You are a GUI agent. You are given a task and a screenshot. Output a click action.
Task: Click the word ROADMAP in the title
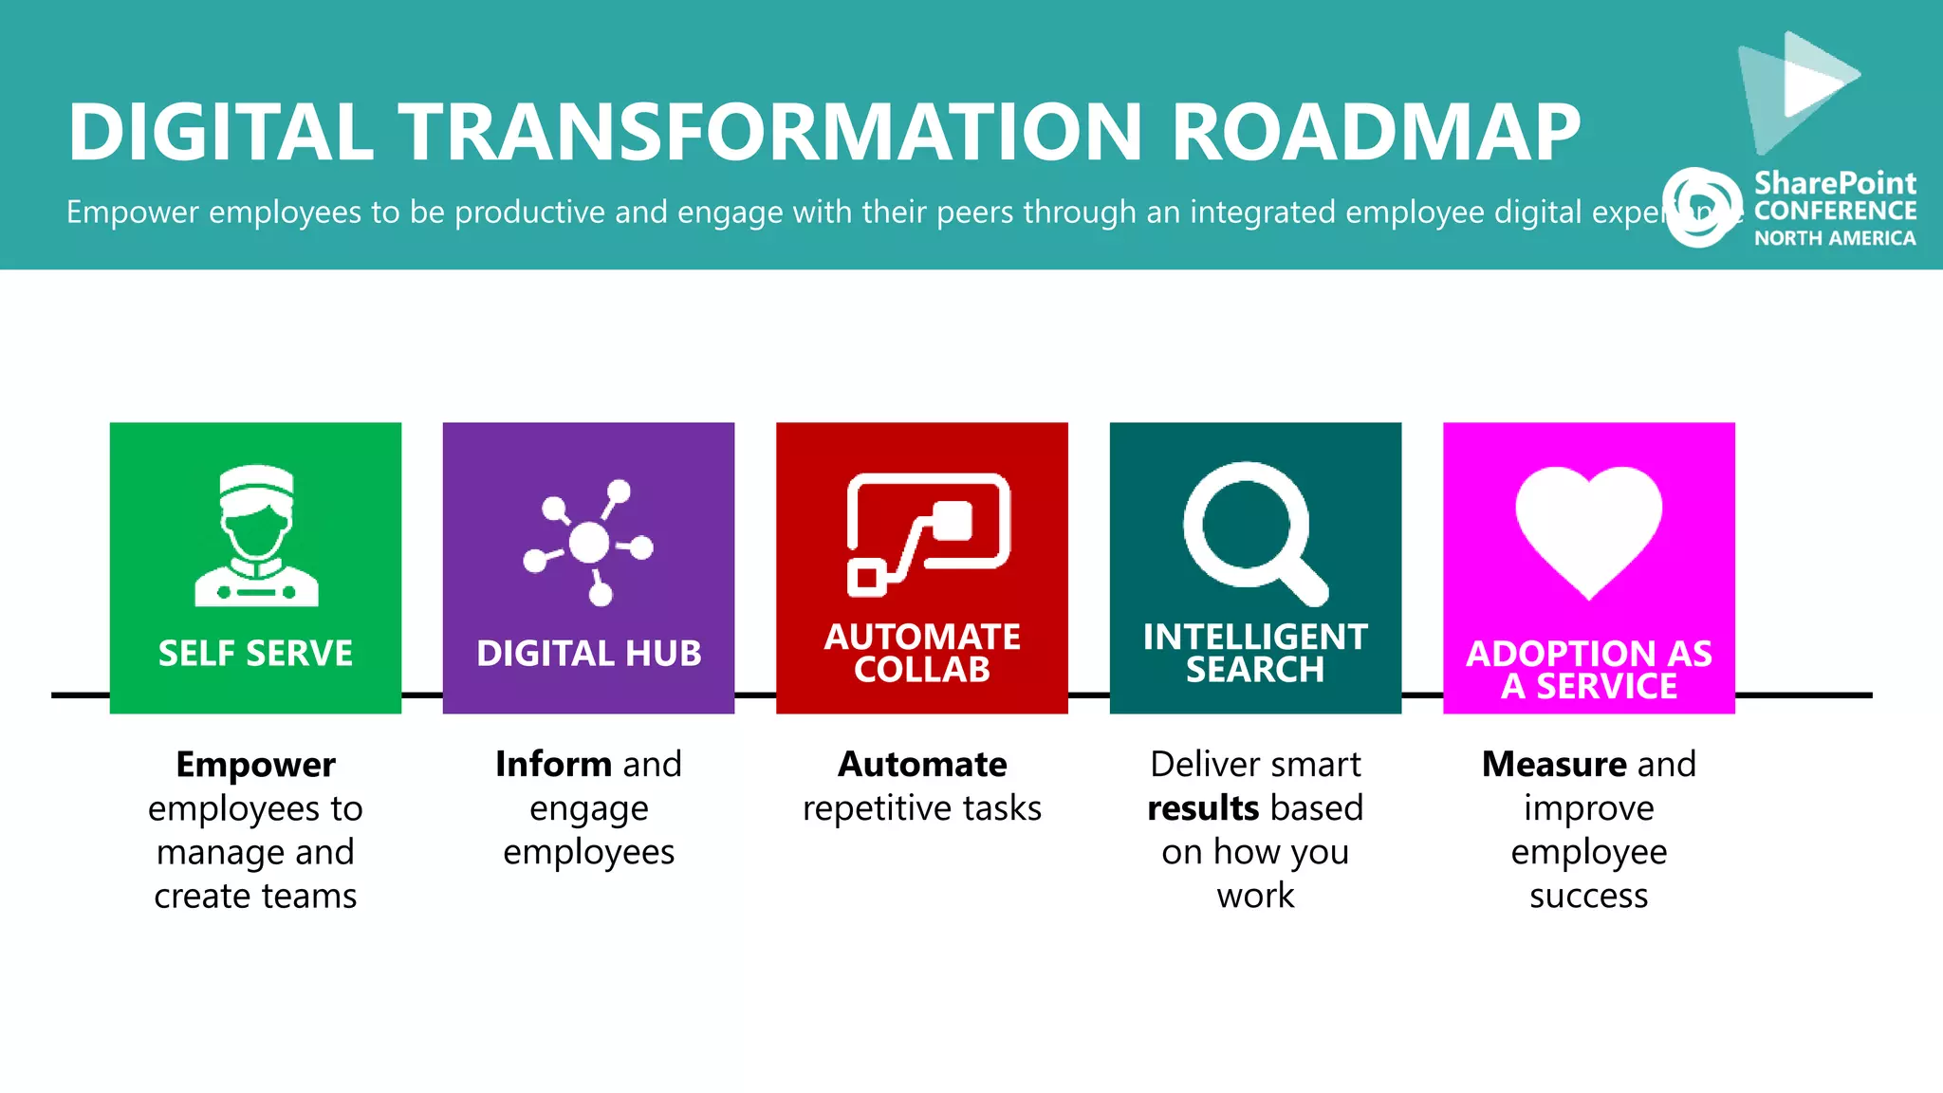1376,132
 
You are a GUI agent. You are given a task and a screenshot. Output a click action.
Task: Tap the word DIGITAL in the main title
220,132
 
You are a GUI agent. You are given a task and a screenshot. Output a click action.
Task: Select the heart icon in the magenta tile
1588,529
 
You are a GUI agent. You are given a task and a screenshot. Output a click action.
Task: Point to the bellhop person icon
256,536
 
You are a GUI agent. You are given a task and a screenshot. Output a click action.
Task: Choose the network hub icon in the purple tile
589,542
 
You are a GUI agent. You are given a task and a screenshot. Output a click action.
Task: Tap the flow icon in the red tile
927,533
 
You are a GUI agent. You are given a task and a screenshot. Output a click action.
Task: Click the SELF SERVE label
255,654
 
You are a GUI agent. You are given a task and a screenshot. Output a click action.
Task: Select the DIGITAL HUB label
589,654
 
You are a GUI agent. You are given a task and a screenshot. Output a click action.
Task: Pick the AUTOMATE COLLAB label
922,653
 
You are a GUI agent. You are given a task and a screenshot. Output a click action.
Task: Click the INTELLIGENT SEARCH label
1255,653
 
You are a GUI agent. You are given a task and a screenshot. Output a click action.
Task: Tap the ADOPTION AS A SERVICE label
1589,670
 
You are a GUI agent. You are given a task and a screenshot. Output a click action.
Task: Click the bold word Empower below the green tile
255,765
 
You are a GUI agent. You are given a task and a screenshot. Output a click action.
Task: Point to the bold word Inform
553,765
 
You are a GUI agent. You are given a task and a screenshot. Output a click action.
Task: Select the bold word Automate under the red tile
922,765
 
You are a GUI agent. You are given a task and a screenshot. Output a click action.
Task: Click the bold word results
1202,808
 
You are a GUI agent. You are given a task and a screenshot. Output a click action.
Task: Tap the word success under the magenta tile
1588,896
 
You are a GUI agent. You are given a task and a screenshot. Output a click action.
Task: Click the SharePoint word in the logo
1835,182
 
